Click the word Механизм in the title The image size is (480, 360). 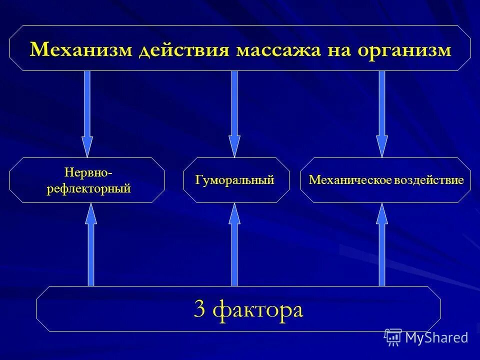81,50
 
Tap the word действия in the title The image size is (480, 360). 183,50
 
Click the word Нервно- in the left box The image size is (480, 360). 88,172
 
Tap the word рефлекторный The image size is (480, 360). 88,189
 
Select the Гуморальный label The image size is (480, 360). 235,180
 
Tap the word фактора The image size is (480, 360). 258,310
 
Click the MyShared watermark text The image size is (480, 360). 436,337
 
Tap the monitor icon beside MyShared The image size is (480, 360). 393,337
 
